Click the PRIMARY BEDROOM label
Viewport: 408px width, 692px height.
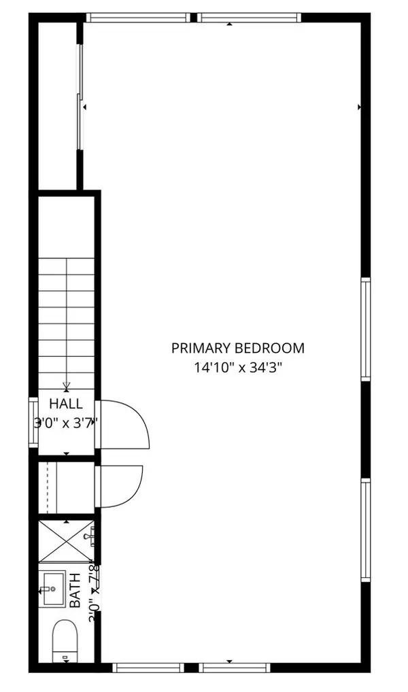[x=237, y=348]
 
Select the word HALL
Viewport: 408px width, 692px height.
[x=66, y=404]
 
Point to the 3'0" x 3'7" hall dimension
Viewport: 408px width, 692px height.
[x=66, y=422]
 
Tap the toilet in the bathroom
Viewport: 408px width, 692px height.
[x=66, y=638]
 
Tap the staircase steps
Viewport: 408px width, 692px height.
[x=65, y=313]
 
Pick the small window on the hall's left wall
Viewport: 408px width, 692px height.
[x=33, y=422]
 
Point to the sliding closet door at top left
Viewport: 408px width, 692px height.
[x=80, y=97]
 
